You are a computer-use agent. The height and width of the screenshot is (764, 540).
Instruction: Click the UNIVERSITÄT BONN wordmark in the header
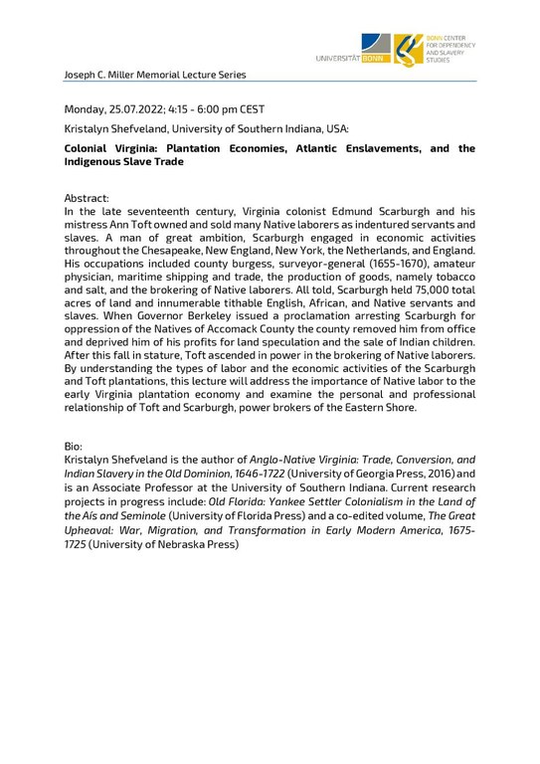click(x=352, y=59)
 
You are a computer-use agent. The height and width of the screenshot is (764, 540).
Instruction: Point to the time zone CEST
click(x=251, y=108)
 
